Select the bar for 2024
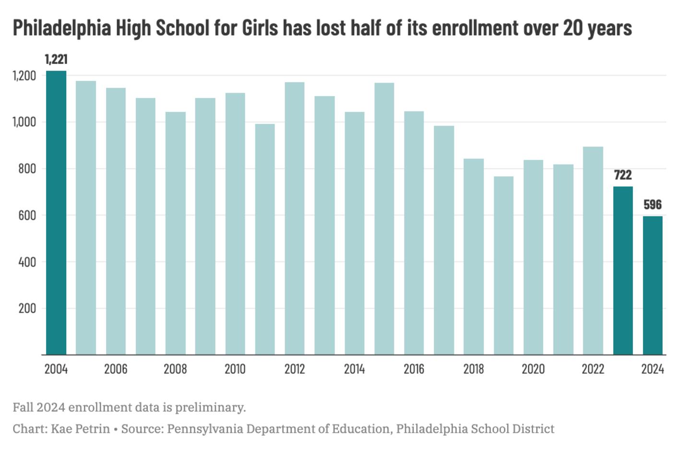tap(653, 285)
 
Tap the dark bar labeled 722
tap(623, 270)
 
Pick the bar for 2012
tap(295, 219)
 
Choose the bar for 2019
tap(503, 266)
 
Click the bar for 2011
tap(265, 239)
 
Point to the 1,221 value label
tap(56, 59)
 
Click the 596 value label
tap(653, 205)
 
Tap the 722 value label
tap(623, 175)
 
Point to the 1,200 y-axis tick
tap(24, 76)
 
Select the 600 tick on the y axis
tap(27, 216)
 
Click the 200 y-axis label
tap(27, 308)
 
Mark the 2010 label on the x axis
tap(235, 369)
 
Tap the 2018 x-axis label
tap(474, 369)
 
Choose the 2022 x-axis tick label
tap(593, 369)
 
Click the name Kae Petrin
tap(80, 428)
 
